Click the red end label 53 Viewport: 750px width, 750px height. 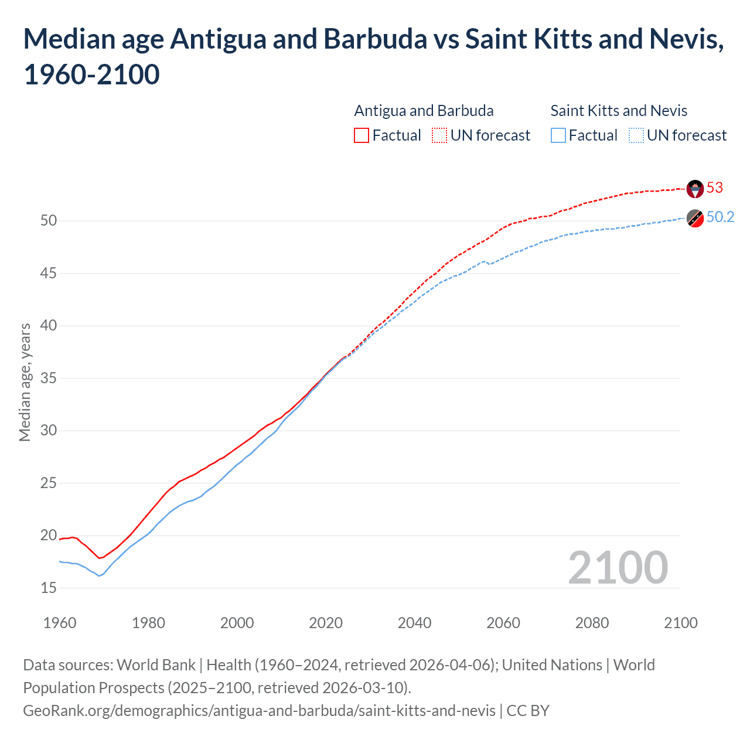(714, 187)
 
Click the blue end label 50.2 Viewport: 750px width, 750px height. (720, 217)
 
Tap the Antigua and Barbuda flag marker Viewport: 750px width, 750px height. (695, 188)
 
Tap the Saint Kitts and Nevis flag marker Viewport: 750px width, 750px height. (695, 218)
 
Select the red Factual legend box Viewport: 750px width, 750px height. (362, 135)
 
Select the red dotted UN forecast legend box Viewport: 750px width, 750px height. (439, 135)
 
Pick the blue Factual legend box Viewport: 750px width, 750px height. (558, 135)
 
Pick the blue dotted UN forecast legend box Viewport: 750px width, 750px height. (636, 135)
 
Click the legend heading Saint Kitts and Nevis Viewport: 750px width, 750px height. (619, 111)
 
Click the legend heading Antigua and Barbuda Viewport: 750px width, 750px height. (424, 111)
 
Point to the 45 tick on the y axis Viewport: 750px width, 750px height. (49, 273)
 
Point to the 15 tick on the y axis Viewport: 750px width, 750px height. (49, 588)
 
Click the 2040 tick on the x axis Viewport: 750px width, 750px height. (414, 623)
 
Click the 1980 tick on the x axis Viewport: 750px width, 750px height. (148, 623)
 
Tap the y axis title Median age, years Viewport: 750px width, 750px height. (25, 381)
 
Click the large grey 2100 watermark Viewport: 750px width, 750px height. (618, 568)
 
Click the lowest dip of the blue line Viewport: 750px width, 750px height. (99, 576)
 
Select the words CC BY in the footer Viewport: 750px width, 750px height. (527, 711)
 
